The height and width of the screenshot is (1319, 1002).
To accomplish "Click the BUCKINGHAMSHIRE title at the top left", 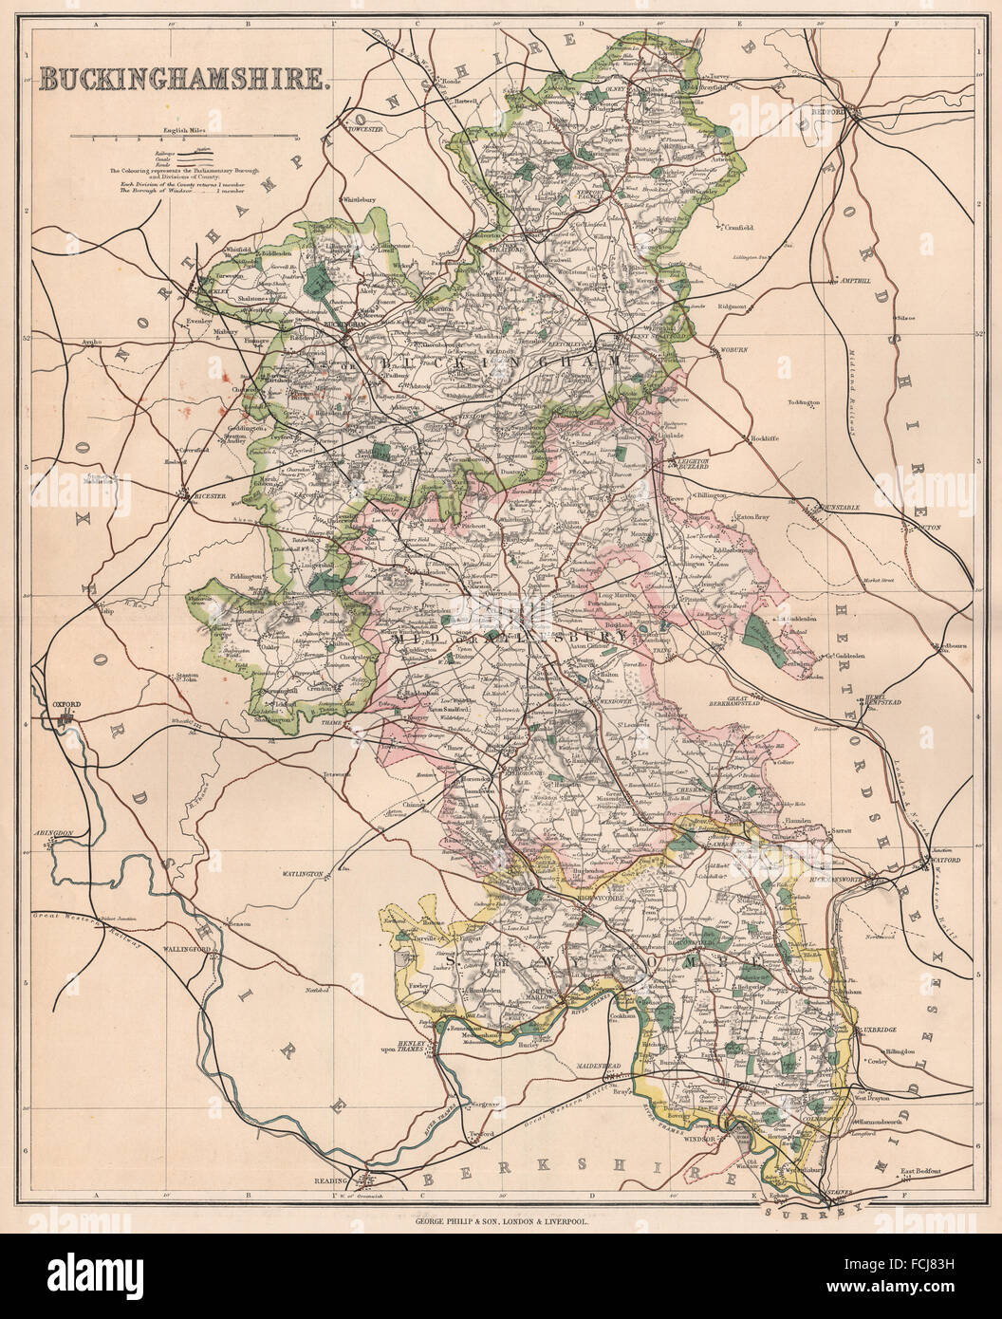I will (185, 79).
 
